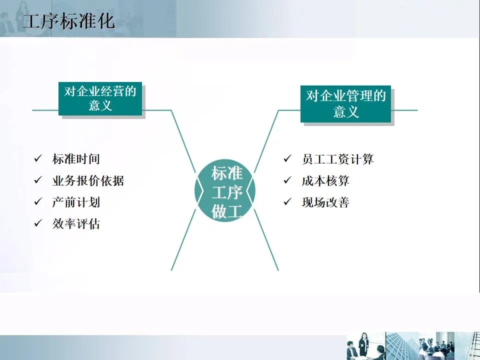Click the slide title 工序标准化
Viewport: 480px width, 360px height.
[x=69, y=21]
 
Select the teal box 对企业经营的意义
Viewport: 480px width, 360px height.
[x=100, y=98]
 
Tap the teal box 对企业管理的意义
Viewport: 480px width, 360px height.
[x=345, y=103]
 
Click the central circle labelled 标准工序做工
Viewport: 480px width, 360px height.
[x=225, y=192]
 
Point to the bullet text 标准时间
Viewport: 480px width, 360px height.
[x=76, y=159]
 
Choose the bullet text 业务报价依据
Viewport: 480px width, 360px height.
[x=88, y=181]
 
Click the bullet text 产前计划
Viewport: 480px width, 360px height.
[x=76, y=202]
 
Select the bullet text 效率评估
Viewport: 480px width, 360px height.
[x=76, y=223]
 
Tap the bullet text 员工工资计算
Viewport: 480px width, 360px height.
[x=337, y=159]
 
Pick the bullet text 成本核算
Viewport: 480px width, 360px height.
[x=325, y=181]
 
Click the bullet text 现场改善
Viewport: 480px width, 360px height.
[x=325, y=202]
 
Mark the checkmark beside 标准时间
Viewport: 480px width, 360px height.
[x=38, y=159]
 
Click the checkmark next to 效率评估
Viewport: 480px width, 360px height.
[x=38, y=223]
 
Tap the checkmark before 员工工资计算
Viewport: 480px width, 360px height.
[x=287, y=159]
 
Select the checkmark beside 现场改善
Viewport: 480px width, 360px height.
[x=287, y=201]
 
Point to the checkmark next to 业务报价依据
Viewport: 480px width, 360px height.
[x=38, y=180]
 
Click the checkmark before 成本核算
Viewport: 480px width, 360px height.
[x=287, y=180]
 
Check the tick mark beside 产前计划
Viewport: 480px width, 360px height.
[x=38, y=201]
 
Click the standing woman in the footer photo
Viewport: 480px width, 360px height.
[x=363, y=345]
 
